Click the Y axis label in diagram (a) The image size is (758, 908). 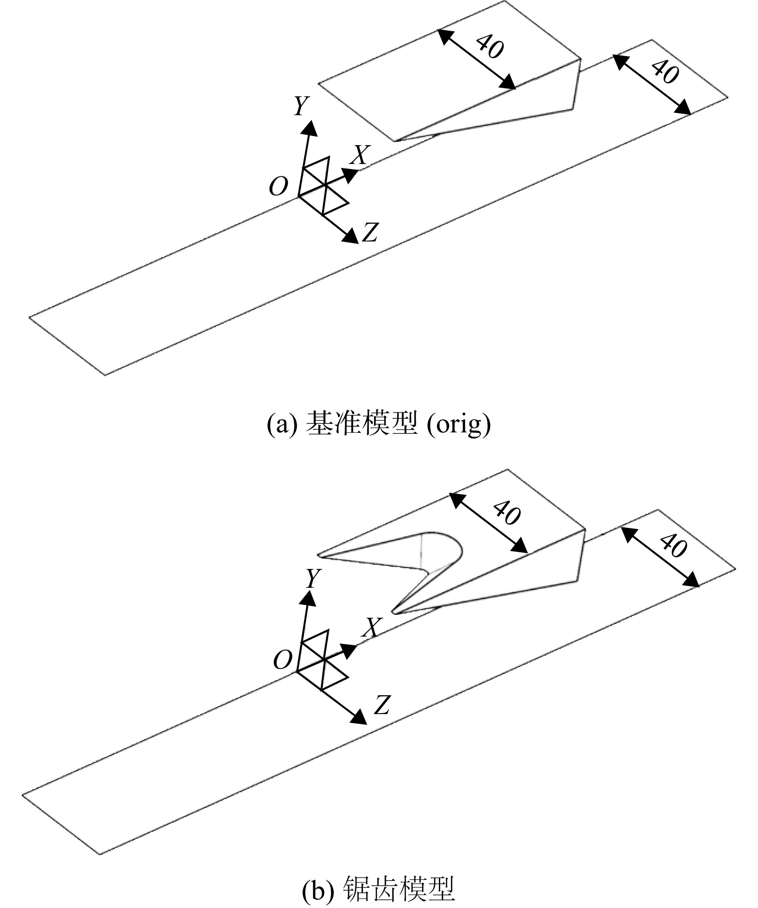click(302, 106)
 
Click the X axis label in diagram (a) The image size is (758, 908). click(361, 155)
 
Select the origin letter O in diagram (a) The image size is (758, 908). click(278, 186)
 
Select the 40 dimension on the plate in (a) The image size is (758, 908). click(665, 71)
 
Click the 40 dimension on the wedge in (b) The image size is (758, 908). click(506, 513)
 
